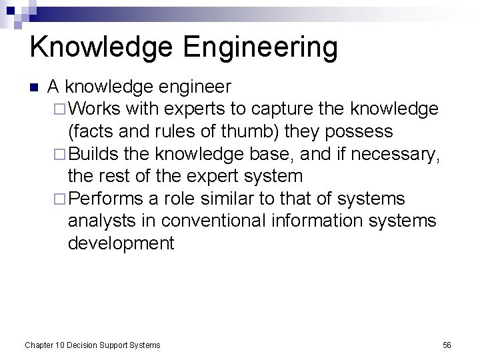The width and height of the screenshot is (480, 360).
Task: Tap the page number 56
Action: click(447, 345)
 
